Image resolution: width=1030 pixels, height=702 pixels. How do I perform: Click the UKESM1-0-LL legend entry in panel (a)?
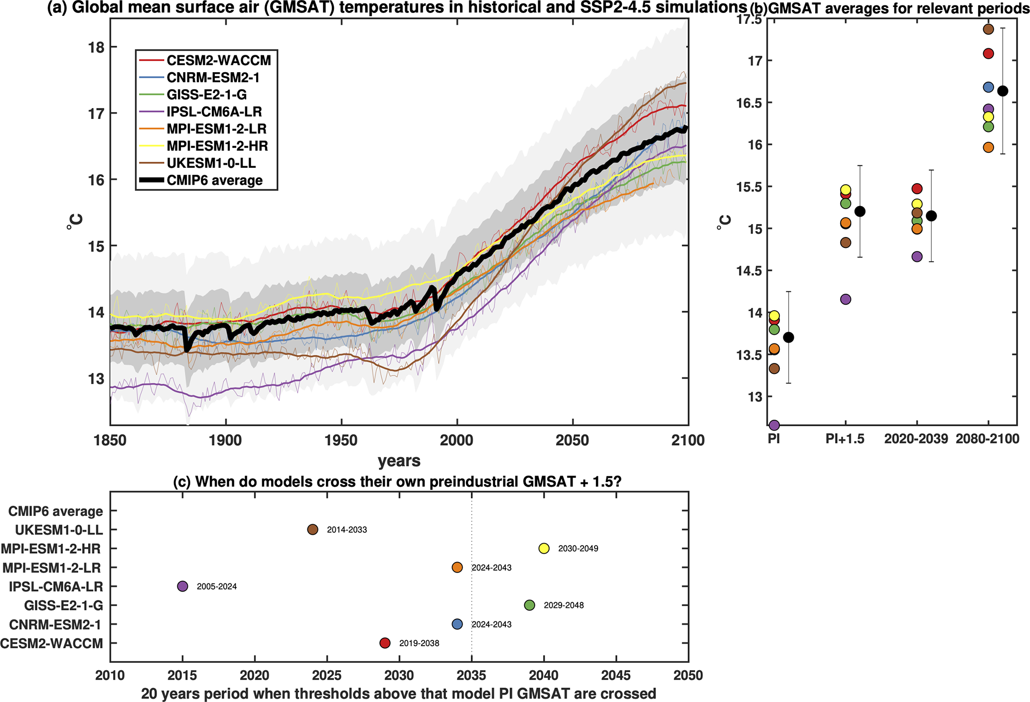[211, 163]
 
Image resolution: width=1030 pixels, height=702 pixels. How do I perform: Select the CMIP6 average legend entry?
[214, 180]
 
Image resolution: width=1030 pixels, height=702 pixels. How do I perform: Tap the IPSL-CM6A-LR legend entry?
[214, 112]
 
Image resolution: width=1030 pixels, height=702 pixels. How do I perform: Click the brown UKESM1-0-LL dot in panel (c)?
[312, 529]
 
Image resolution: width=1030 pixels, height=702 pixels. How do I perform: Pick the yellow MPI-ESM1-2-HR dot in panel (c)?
[544, 548]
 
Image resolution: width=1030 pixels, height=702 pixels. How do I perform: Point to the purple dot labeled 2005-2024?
[182, 586]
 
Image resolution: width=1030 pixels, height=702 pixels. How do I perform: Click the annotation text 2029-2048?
[564, 605]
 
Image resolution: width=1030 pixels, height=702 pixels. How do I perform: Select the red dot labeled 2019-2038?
[385, 643]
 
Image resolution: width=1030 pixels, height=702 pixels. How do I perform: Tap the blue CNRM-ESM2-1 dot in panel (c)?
[457, 624]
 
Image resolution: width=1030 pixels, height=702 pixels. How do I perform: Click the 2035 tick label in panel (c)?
[471, 676]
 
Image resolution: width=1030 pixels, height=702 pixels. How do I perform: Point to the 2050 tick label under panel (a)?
[573, 441]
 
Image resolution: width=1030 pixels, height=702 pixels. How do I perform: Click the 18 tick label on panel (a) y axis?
[96, 47]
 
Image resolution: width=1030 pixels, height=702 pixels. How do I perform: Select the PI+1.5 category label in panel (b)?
[845, 439]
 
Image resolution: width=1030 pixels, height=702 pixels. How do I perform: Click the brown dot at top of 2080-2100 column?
[988, 29]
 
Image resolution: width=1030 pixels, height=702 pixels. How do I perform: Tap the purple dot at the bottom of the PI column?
[774, 425]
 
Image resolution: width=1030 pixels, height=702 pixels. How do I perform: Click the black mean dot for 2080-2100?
[1003, 91]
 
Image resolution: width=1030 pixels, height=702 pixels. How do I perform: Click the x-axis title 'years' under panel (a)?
[399, 461]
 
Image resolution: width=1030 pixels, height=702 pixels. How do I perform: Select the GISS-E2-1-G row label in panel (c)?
[64, 605]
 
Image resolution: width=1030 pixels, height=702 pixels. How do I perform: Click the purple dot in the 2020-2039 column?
[917, 257]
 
